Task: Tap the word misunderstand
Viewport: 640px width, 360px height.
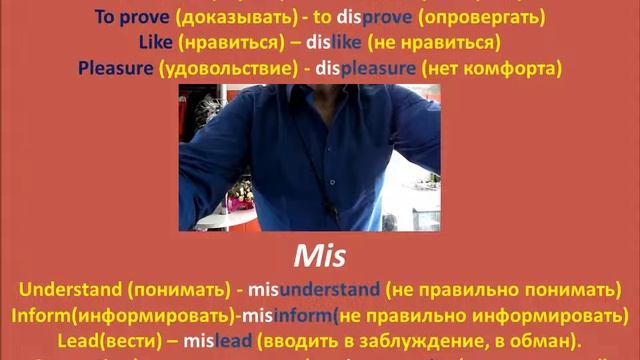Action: (x=310, y=291)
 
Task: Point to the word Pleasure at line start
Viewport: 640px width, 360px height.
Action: (x=117, y=69)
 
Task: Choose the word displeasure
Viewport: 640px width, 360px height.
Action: (x=367, y=69)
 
